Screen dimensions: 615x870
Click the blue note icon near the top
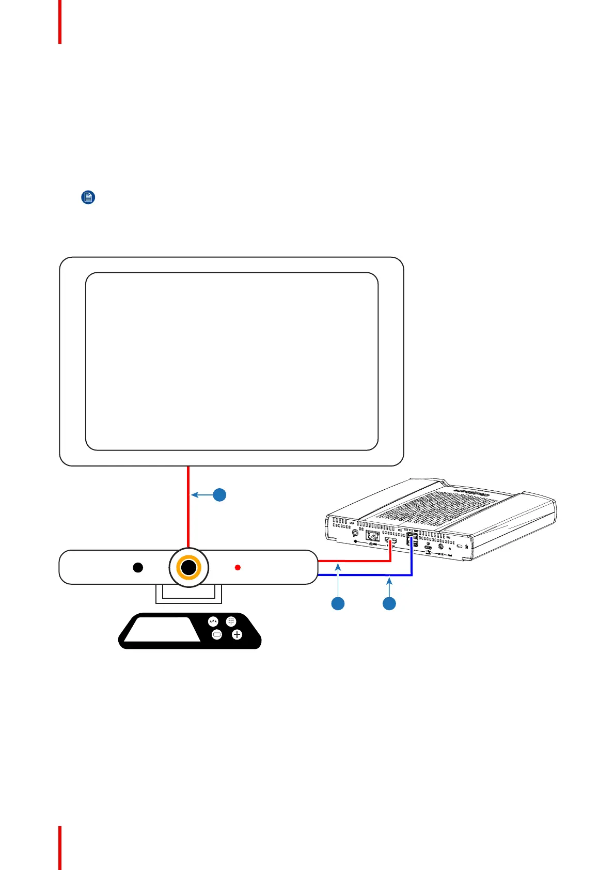(88, 197)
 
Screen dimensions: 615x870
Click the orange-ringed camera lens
(189, 567)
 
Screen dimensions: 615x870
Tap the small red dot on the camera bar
(238, 567)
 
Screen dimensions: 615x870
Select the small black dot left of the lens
(138, 567)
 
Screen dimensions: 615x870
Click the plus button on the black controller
(237, 634)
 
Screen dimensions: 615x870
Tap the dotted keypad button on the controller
(231, 622)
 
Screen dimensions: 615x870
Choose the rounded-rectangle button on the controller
(217, 634)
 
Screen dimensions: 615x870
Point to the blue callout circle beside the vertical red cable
(220, 494)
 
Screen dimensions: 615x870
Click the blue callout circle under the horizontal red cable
(338, 603)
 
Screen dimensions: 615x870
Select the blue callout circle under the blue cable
(389, 603)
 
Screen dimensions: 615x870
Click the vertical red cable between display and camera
(188, 506)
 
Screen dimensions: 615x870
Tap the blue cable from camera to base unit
(361, 575)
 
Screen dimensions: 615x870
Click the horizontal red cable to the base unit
(356, 560)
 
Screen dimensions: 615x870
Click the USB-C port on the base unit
(428, 548)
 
